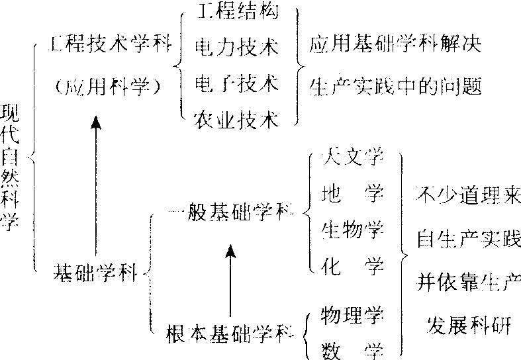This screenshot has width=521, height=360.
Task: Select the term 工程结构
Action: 236,12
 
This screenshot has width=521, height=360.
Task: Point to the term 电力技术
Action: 236,48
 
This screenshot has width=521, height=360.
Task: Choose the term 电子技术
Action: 236,83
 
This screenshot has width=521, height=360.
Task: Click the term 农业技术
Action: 236,119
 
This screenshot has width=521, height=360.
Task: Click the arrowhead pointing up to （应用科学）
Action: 97,123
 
